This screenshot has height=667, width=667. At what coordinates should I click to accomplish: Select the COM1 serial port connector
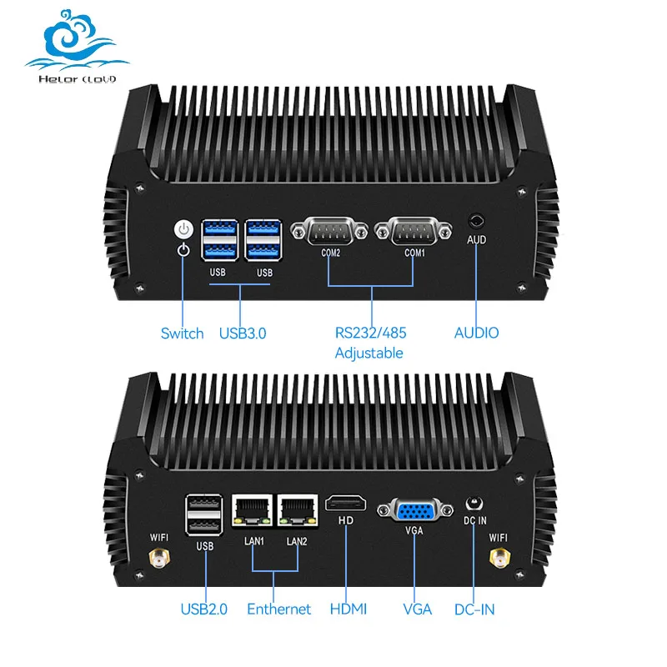(414, 230)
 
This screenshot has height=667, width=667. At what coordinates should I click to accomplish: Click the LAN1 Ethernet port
(251, 511)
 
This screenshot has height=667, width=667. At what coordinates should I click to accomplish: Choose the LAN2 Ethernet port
(298, 511)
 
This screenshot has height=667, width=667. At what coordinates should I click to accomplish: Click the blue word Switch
(182, 333)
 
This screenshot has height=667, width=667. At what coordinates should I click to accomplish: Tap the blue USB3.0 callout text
(243, 333)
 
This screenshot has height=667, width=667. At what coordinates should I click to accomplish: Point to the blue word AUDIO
(476, 333)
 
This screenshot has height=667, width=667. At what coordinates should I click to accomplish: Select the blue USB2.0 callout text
(203, 609)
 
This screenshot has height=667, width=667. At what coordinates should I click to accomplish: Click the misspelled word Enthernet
(278, 609)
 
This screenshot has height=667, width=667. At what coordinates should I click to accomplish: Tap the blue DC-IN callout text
(474, 609)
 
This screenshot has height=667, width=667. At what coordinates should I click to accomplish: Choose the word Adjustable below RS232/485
(369, 354)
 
